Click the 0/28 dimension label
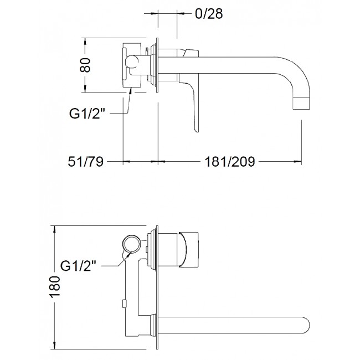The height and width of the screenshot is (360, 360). click(209, 14)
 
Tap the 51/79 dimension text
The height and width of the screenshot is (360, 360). click(86, 161)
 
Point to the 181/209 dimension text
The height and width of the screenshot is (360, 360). click(230, 161)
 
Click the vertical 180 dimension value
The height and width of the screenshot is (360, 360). click(55, 286)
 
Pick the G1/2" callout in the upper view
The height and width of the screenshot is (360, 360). click(88, 114)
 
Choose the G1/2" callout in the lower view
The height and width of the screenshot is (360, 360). click(78, 266)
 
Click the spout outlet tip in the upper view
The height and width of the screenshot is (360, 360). click(301, 109)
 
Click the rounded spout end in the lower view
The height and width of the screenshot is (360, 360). click(307, 325)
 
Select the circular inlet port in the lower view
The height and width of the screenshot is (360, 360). click(131, 244)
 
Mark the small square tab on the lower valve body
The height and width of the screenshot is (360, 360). click(124, 304)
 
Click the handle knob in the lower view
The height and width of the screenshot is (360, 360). click(188, 250)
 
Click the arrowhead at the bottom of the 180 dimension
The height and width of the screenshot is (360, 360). click(55, 345)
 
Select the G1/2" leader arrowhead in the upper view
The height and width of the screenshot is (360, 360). click(131, 91)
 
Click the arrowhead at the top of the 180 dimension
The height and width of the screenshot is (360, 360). click(55, 230)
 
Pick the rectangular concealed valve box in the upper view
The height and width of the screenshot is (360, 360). click(132, 65)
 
